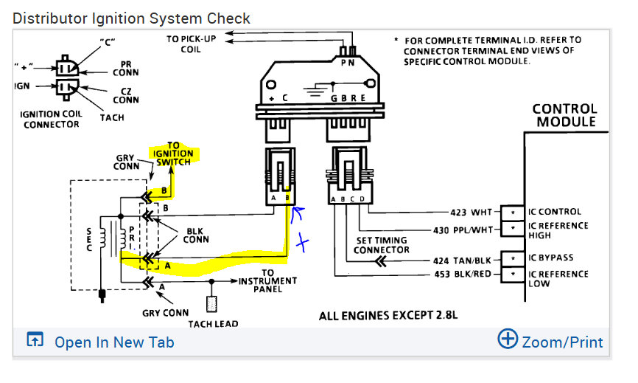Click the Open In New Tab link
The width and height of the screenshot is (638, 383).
(113, 342)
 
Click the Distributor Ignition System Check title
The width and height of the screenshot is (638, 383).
(132, 18)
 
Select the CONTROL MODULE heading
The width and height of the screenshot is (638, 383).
(564, 115)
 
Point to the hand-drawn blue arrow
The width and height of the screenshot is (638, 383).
(299, 214)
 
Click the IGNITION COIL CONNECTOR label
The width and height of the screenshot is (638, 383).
(50, 120)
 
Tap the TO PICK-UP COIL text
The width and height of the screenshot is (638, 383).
(192, 44)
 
